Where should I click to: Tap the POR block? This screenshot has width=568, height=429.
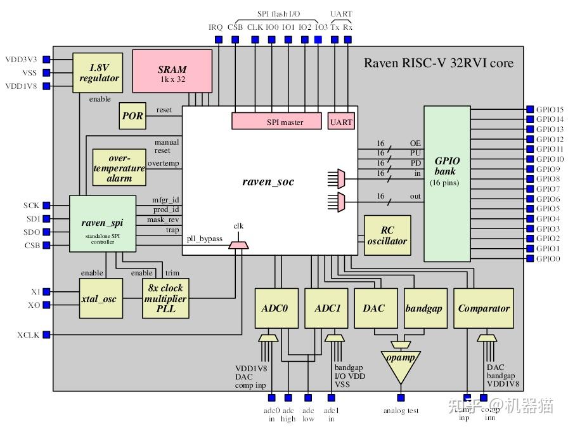132,115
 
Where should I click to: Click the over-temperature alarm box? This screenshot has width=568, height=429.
119,168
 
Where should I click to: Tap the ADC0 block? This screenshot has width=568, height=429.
276,308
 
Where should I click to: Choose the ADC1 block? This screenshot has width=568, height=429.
326,308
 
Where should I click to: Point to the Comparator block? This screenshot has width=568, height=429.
483,308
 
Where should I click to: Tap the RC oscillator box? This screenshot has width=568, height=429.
387,235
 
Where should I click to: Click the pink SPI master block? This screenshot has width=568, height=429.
275,121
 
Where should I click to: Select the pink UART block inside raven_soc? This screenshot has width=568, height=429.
341,121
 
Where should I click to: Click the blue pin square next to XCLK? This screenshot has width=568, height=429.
46,334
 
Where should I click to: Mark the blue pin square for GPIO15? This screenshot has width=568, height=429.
529,109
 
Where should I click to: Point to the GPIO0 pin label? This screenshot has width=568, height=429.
548,259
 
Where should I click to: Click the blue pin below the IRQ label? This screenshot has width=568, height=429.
219,39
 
